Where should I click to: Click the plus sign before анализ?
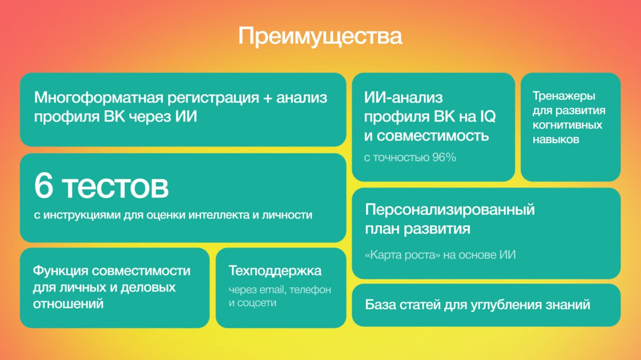click(x=267, y=98)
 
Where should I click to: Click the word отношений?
click(x=68, y=303)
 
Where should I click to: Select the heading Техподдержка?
click(x=275, y=271)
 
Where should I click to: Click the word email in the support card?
click(x=271, y=290)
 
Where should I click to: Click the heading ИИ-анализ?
click(x=403, y=98)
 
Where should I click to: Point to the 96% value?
click(x=444, y=157)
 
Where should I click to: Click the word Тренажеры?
click(x=564, y=96)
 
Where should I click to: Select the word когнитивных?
click(x=567, y=125)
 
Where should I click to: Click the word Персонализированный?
click(x=450, y=210)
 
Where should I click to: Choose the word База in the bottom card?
click(x=380, y=304)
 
